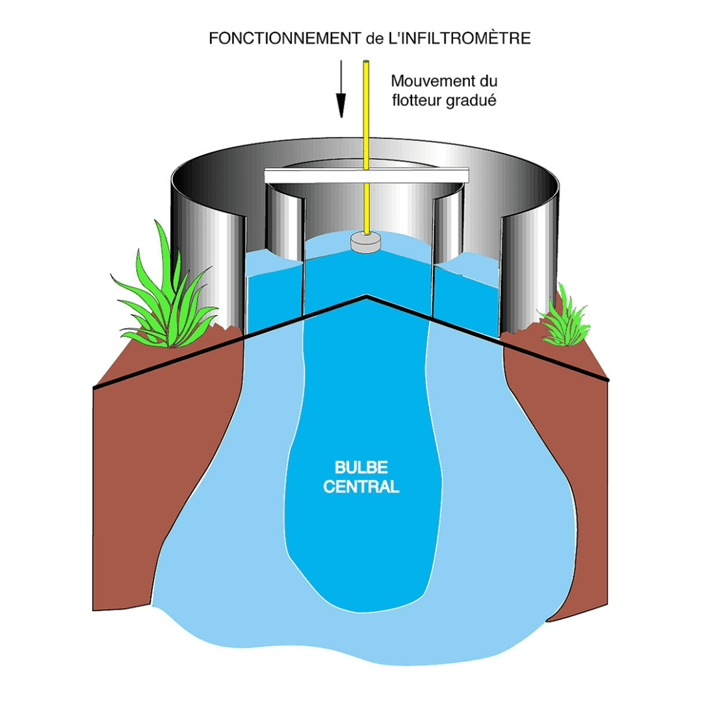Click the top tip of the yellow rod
coord(367,63)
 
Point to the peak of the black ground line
coord(367,296)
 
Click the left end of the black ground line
coord(95,388)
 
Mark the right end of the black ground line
coord(608,379)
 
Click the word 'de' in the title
coord(374,38)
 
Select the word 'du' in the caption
coord(488,82)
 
